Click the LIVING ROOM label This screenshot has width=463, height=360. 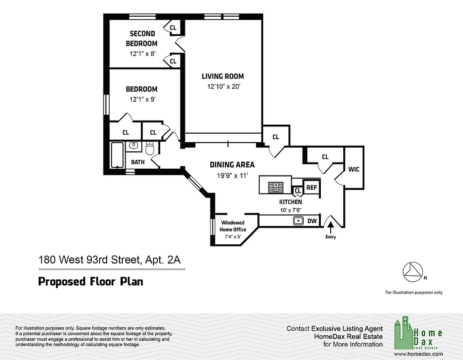point(222,76)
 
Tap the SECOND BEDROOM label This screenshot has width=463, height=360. point(142,38)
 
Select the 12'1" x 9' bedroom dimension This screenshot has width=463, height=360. point(142,99)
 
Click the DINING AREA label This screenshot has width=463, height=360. point(232,165)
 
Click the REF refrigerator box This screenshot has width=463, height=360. point(311,187)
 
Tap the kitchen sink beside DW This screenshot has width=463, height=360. point(297,220)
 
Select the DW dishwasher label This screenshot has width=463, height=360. point(312,221)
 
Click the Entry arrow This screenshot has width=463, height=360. point(331,226)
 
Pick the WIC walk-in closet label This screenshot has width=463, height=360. point(353,169)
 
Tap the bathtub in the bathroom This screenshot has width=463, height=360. point(117,155)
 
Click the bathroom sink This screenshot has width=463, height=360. point(134,146)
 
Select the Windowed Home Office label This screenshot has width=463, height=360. point(233,226)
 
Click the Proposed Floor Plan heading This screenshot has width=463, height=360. point(90,282)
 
